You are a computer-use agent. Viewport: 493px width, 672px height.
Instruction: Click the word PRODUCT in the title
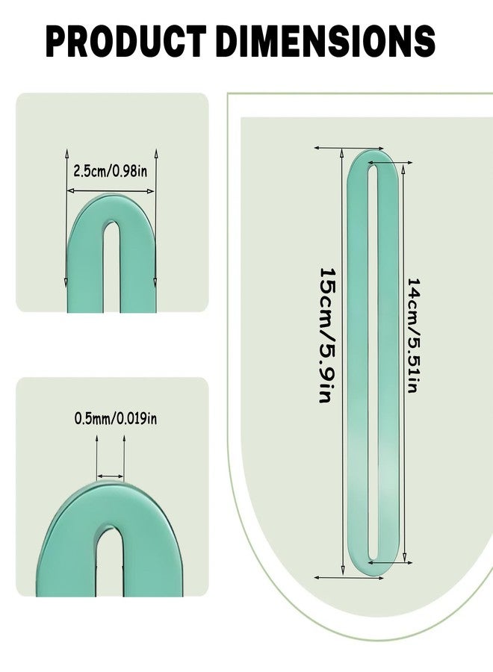(126, 41)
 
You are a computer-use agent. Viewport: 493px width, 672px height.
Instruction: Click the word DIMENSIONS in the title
(326, 41)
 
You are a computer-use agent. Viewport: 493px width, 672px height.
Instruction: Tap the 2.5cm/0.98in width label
(110, 171)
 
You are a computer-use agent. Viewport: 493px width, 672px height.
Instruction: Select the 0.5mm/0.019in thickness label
(116, 418)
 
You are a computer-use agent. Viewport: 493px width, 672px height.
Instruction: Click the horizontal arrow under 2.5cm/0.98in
(111, 190)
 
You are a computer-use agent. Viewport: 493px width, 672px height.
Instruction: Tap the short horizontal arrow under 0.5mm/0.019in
(111, 476)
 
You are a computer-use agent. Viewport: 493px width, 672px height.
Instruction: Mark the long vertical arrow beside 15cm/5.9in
(342, 361)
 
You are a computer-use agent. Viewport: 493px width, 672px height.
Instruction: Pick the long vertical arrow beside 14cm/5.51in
(404, 364)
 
